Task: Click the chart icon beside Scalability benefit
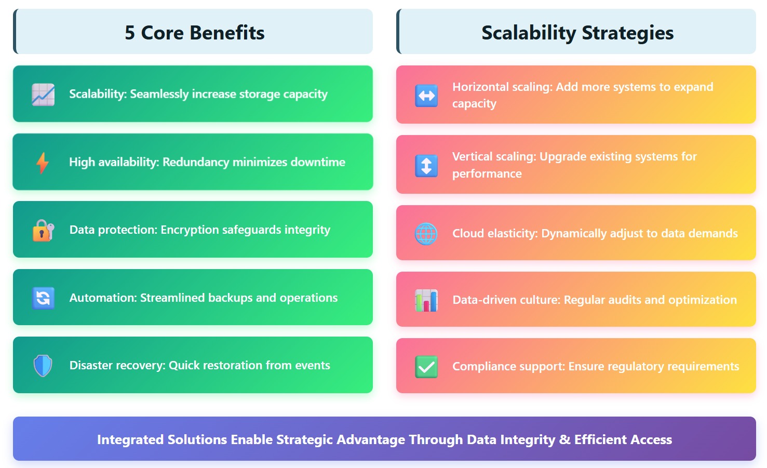click(43, 95)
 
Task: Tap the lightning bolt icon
click(43, 163)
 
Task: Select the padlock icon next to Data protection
click(43, 230)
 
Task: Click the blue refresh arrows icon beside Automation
click(43, 298)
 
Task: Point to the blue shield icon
click(43, 366)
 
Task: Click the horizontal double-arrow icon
click(426, 96)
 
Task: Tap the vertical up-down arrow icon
click(426, 166)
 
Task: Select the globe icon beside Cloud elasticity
click(426, 234)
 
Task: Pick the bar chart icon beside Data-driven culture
click(426, 300)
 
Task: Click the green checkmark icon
click(426, 367)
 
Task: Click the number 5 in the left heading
click(130, 33)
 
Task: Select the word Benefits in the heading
click(227, 33)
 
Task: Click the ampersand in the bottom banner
click(564, 440)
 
